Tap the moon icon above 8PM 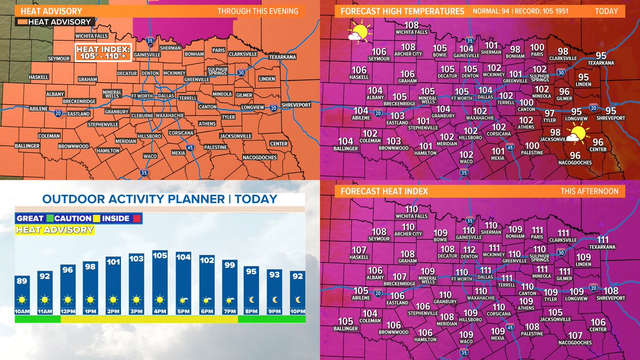[251, 300]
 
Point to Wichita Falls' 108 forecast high [411, 25]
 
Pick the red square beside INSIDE [137, 218]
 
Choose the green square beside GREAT [50, 218]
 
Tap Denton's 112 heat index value [469, 250]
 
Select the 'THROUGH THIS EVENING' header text [258, 11]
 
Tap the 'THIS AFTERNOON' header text [589, 191]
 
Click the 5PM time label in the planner [183, 311]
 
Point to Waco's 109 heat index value [466, 334]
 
